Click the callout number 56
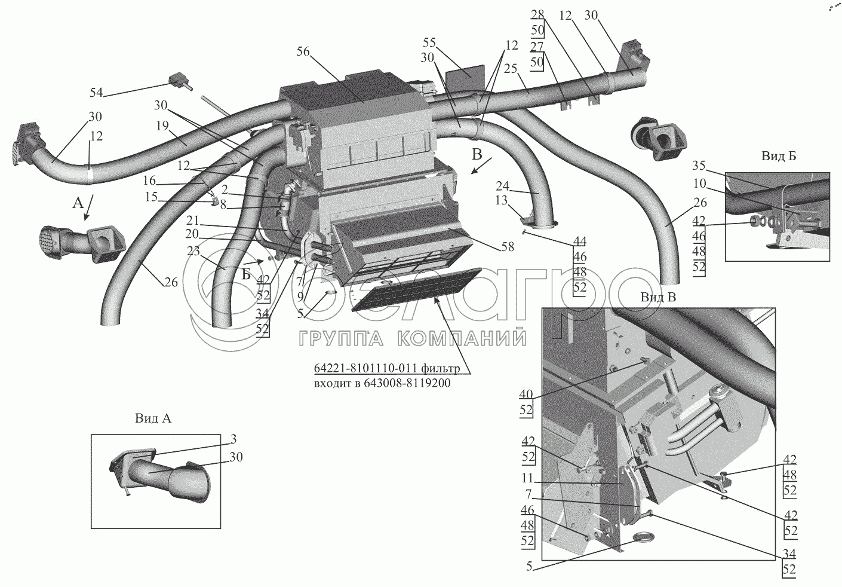(x=303, y=51)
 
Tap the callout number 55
(x=429, y=42)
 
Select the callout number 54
(x=96, y=92)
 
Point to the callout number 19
(x=162, y=126)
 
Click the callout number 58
(x=508, y=246)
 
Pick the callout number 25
(x=511, y=69)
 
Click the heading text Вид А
(x=153, y=418)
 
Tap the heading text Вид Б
(x=779, y=156)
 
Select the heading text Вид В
(x=658, y=297)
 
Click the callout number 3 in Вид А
(x=233, y=439)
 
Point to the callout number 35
(x=699, y=166)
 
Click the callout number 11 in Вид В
(x=527, y=478)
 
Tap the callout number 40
(x=526, y=394)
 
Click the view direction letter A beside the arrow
(x=78, y=204)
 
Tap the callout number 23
(x=193, y=251)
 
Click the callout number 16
(x=149, y=181)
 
